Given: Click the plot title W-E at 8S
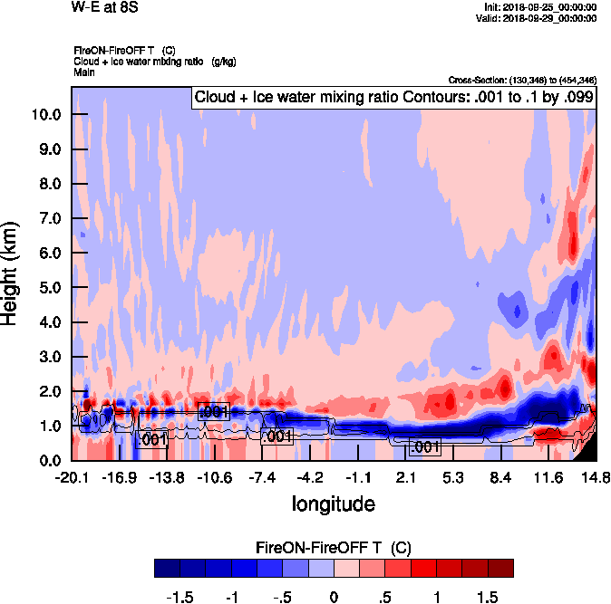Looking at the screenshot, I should coord(105,8).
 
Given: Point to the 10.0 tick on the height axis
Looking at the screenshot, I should coord(46,115).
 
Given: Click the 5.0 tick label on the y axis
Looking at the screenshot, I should coord(46,288).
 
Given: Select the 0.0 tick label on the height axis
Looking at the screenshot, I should coord(46,460).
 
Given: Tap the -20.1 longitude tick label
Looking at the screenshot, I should coord(71,478).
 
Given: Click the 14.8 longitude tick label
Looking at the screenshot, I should coord(595,478).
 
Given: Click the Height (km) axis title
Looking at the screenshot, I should coord(13,274).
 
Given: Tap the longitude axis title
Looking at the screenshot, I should coord(334,503).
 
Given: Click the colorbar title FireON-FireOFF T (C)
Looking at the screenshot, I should coord(335,547).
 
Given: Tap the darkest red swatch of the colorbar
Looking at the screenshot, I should coord(500,568).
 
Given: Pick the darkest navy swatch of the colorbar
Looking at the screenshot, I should coord(168,568).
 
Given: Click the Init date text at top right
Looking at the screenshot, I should coord(541,7).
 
